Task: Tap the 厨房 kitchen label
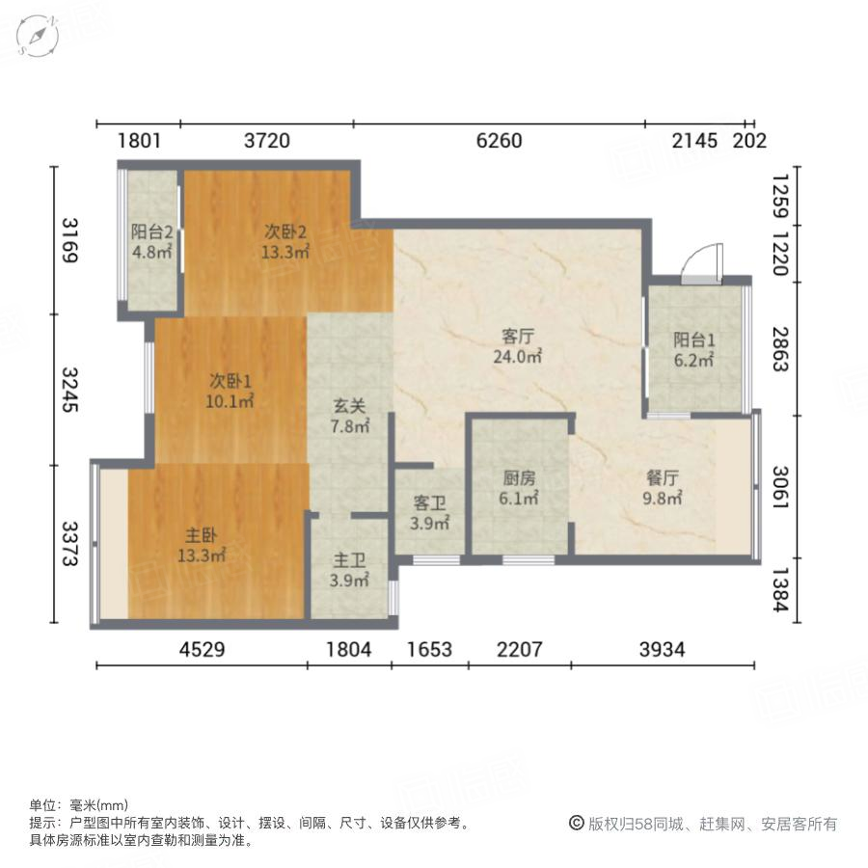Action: (518, 478)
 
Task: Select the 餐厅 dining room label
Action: (663, 478)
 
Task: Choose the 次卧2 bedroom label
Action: (286, 231)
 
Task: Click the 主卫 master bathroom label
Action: (349, 559)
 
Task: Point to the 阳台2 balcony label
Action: (151, 232)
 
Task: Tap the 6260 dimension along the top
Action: (500, 141)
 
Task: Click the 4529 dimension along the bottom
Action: (202, 649)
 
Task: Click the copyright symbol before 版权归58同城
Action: (576, 824)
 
